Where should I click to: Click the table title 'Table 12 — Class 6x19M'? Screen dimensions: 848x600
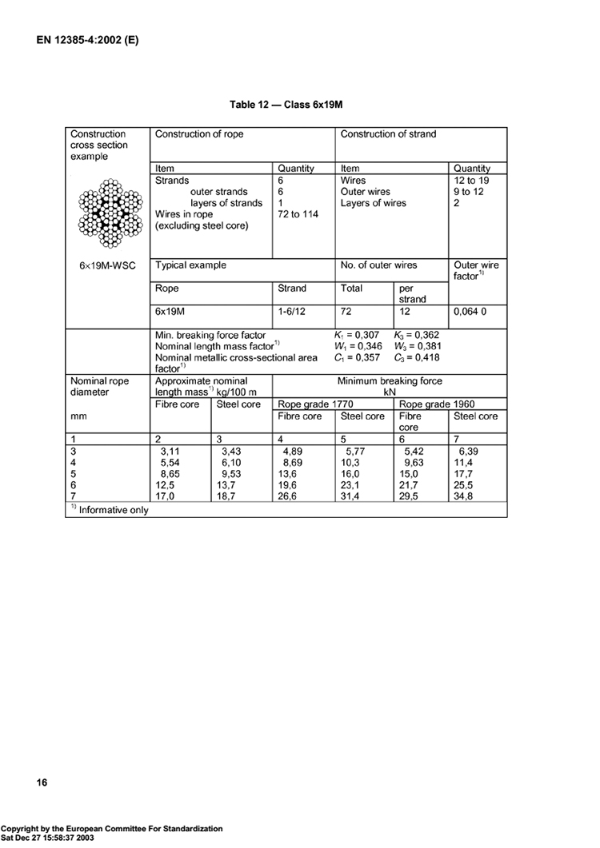pos(286,105)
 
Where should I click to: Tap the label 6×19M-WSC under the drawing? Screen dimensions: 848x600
pos(108,265)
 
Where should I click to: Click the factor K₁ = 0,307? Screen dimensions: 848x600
pos(358,336)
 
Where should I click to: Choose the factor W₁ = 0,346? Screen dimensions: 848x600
pos(358,347)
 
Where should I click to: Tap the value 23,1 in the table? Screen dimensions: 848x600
pos(352,485)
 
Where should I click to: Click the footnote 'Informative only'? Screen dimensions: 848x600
pos(113,509)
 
